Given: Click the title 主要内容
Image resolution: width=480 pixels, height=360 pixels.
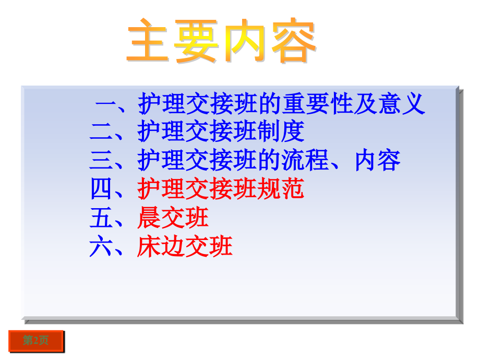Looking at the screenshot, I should point(221,42).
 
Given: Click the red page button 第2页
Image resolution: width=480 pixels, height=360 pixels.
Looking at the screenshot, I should point(36,341).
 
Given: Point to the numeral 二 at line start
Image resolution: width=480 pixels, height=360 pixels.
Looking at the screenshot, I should point(101,131).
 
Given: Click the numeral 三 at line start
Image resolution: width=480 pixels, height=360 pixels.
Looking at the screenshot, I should point(101,160).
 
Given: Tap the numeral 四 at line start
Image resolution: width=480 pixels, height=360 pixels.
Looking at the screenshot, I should point(101,189).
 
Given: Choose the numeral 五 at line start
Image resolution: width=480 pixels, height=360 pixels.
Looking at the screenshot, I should point(101,218).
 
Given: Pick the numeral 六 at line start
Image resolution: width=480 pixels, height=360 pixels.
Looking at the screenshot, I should point(101,246).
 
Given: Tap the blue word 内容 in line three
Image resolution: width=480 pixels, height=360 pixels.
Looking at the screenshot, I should point(378,160).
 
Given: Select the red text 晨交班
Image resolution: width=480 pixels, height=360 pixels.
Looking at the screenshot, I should point(173,218).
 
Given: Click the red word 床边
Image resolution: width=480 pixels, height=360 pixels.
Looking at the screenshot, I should point(161,246).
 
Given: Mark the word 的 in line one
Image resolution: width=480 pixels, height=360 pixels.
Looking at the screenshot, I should point(270,104).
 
